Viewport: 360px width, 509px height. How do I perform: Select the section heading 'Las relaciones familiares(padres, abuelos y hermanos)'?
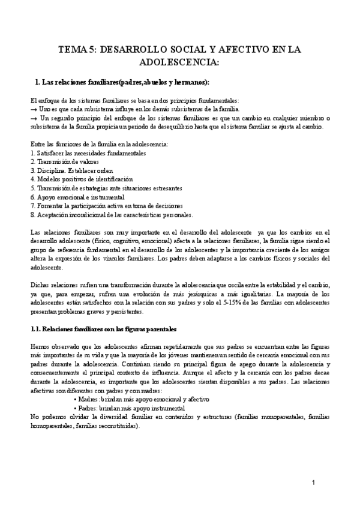(123, 82)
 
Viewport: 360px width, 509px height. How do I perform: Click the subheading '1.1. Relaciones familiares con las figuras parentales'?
(103, 330)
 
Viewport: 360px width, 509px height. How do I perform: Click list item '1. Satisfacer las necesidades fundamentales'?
(88, 154)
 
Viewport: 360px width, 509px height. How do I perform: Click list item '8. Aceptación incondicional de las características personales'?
(112, 214)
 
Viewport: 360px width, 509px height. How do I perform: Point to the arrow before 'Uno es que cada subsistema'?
(34, 110)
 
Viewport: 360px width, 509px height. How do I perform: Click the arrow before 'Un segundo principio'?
(34, 118)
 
